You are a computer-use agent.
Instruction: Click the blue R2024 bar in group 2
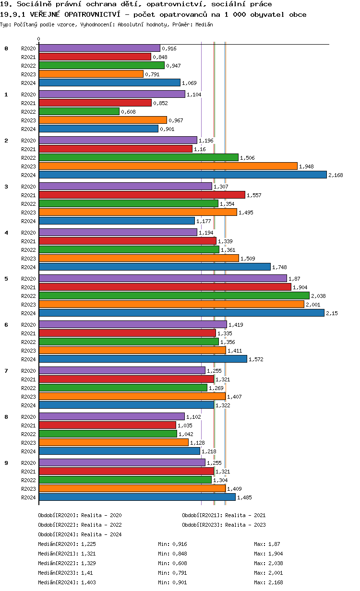(x=182, y=175)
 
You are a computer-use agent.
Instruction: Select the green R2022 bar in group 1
(x=79, y=111)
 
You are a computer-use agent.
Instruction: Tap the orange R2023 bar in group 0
(x=91, y=74)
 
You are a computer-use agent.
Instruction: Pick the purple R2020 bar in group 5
(x=163, y=278)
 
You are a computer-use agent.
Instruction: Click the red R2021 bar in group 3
(x=142, y=195)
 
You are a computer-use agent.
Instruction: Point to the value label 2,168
(x=336, y=175)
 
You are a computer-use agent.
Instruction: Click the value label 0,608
(x=128, y=112)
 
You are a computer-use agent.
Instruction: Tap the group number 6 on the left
(x=6, y=325)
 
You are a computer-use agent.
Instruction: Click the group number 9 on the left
(x=6, y=463)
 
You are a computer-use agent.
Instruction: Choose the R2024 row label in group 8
(x=29, y=451)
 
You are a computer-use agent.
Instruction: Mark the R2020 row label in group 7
(x=29, y=371)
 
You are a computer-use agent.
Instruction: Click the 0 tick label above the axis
(x=39, y=39)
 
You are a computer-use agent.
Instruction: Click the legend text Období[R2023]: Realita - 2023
(x=224, y=525)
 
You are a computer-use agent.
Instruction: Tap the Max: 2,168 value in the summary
(x=268, y=582)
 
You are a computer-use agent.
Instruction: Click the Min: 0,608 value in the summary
(x=172, y=563)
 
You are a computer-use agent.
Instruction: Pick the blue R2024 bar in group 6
(x=143, y=359)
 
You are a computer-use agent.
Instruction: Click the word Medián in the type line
(x=204, y=24)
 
